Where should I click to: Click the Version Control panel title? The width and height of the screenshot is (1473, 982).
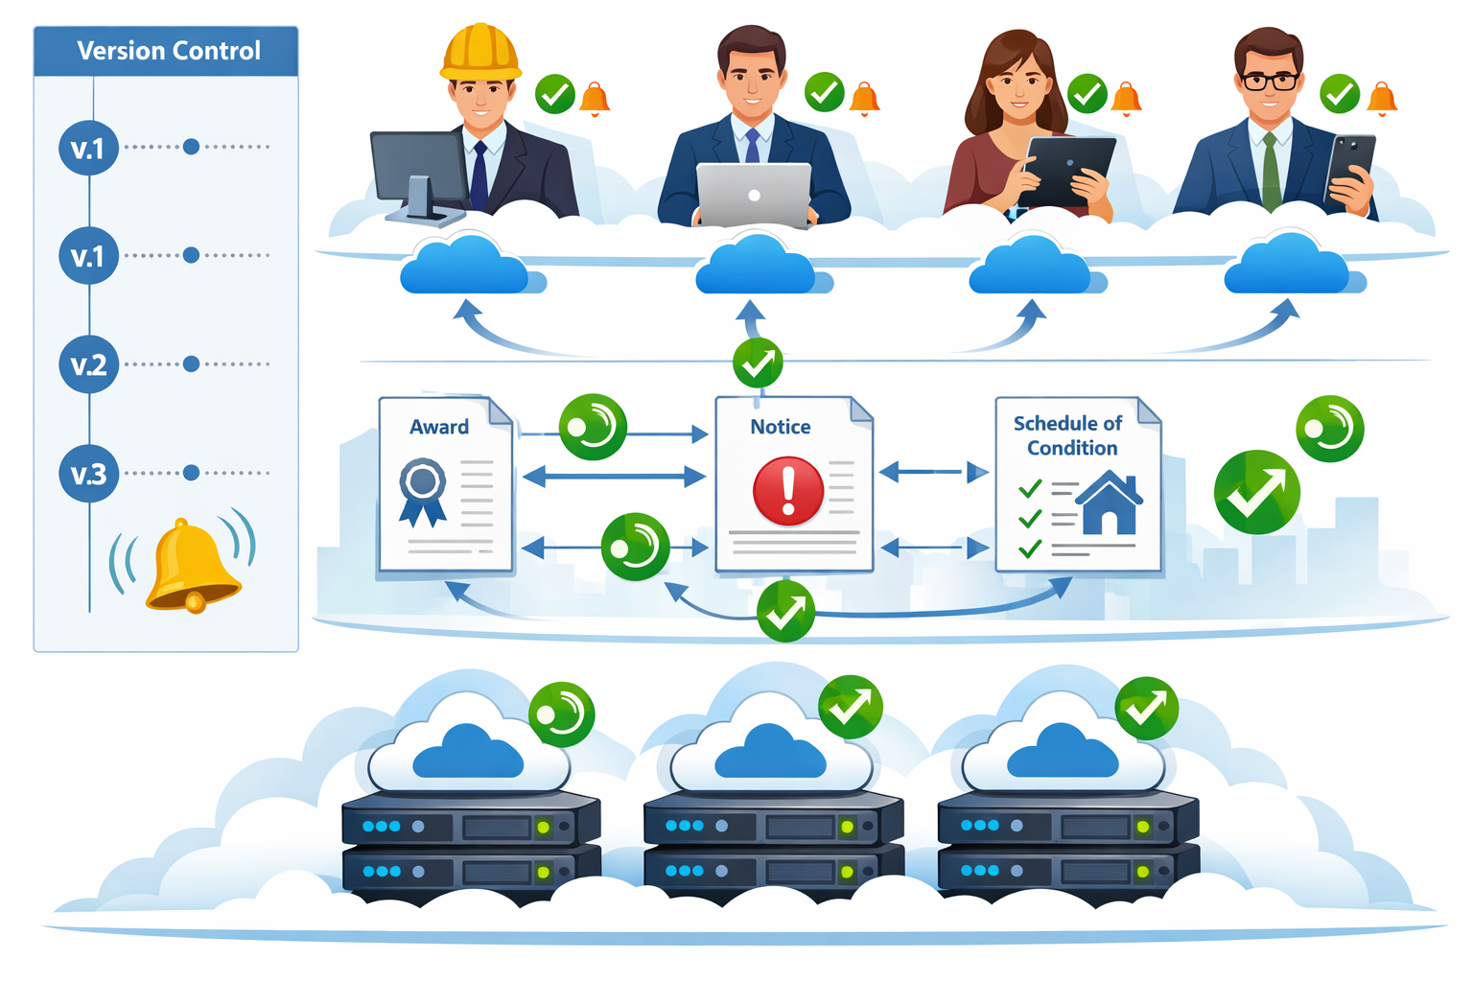click(168, 51)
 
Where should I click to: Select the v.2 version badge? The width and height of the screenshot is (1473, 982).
click(88, 364)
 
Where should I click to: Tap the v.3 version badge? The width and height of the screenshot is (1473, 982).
click(88, 474)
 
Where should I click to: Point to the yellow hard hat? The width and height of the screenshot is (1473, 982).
click(480, 53)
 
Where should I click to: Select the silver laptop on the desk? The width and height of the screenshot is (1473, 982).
click(754, 195)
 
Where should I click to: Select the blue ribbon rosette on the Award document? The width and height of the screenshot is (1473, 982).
click(423, 489)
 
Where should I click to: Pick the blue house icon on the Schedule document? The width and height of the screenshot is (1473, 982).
click(1110, 503)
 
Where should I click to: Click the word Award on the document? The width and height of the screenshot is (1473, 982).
click(439, 427)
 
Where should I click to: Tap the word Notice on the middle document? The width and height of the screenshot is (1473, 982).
click(780, 427)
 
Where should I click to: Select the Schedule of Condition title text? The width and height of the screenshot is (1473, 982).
click(1069, 435)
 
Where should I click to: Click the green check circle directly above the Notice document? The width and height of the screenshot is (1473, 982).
click(758, 362)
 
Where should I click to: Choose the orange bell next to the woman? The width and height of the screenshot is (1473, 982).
click(1126, 98)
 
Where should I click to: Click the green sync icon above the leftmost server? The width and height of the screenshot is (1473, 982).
click(562, 714)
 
